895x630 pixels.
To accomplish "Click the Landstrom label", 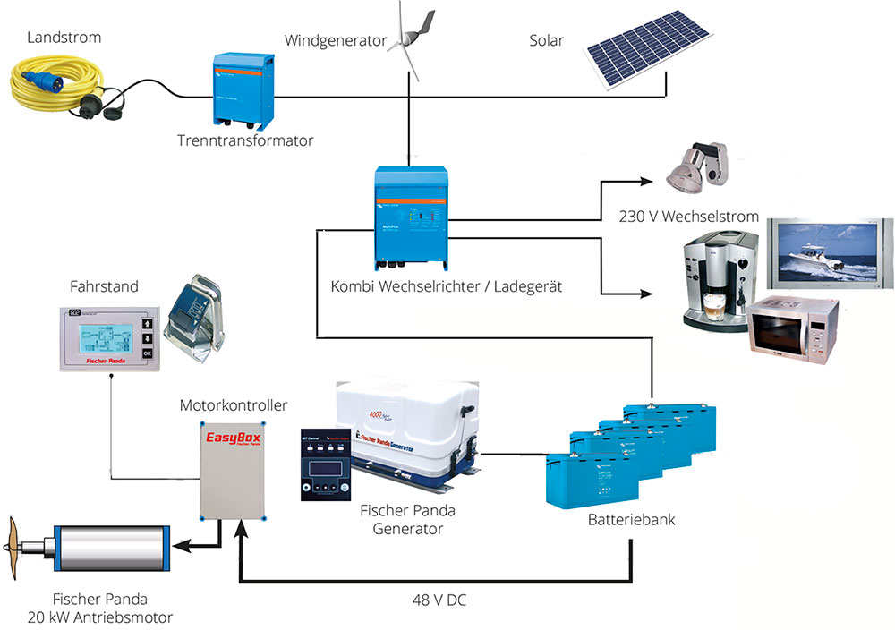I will (64, 38).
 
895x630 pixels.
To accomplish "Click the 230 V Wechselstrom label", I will (689, 217).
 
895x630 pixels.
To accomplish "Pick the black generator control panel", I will (324, 462).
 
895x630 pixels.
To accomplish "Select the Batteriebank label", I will (632, 519).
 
